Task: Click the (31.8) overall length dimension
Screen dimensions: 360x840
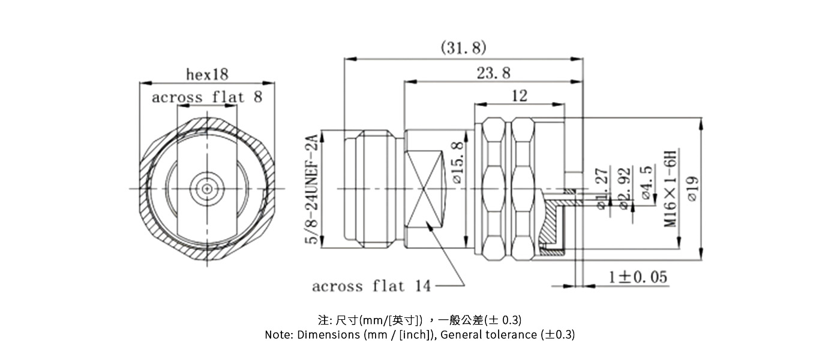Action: tap(463, 47)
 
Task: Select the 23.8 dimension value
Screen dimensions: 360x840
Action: tap(493, 73)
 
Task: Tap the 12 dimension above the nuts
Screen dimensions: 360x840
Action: tap(519, 95)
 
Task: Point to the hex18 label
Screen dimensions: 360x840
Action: tap(207, 74)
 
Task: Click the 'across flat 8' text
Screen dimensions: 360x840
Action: tap(207, 97)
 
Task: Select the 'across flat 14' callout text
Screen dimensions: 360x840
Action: tap(371, 286)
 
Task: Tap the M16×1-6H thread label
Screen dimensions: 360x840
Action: tap(670, 187)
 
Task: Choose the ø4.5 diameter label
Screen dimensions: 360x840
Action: tap(647, 182)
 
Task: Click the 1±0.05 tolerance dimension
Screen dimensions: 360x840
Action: tap(638, 277)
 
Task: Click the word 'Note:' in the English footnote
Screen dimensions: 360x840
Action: tap(279, 335)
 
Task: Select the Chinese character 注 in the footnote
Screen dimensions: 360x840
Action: tap(322, 319)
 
